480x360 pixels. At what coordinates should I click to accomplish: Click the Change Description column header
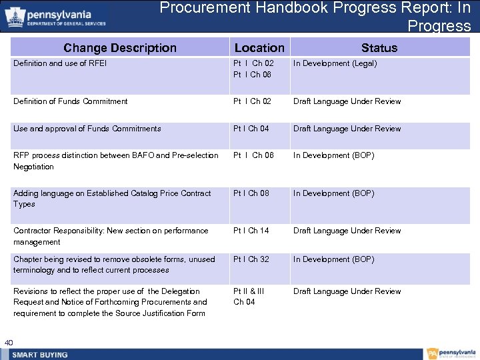tap(120, 48)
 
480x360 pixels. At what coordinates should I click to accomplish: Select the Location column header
tap(259, 48)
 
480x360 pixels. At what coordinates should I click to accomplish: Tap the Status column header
tap(379, 48)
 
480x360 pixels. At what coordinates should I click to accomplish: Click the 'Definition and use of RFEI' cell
tap(60, 64)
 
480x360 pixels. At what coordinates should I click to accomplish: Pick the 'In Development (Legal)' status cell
tap(335, 64)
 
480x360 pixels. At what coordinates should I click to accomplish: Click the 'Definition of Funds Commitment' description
tap(71, 101)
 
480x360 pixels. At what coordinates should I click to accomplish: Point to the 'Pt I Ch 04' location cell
tap(251, 129)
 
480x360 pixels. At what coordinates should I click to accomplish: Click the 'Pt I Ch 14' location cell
tap(251, 231)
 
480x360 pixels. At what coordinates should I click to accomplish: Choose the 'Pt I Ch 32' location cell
tap(251, 259)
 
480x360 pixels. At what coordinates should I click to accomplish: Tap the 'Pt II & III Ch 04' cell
tap(249, 297)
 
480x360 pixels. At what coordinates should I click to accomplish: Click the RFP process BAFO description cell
tap(116, 161)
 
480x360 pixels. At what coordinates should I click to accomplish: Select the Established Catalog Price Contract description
tap(112, 199)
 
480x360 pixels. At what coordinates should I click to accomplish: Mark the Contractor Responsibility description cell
tap(111, 236)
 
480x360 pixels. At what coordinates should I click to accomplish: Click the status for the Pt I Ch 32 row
tap(333, 259)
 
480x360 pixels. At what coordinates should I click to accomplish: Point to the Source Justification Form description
tap(110, 302)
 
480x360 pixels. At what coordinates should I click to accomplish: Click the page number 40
tap(9, 343)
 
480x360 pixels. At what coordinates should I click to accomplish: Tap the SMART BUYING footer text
tap(40, 355)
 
